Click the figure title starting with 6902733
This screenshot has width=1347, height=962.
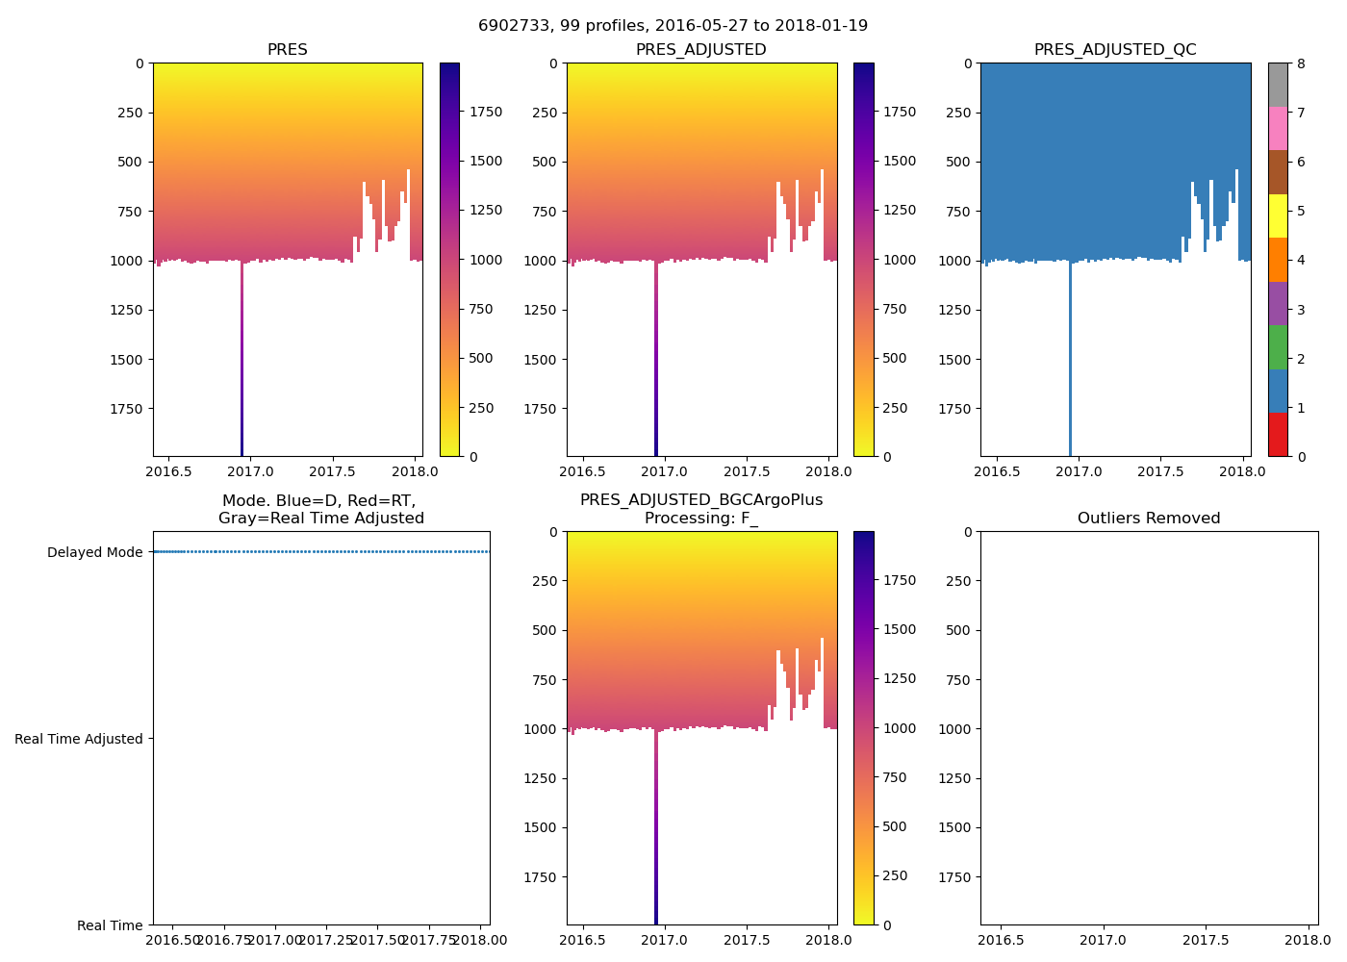coord(673,26)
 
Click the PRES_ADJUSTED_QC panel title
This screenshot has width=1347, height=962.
coord(1115,50)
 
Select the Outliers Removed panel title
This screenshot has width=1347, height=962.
coord(1149,519)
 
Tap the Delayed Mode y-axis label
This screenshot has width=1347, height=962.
coord(94,552)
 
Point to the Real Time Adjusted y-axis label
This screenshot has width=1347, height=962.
coord(79,739)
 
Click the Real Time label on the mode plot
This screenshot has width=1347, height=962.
coord(110,925)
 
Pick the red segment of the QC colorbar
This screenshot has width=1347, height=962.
coord(1278,435)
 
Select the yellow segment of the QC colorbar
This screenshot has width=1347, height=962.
coord(1278,216)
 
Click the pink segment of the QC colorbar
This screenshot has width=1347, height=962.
coord(1278,129)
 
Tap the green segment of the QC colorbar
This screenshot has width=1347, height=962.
coord(1278,347)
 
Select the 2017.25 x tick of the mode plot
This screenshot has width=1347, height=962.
coord(327,940)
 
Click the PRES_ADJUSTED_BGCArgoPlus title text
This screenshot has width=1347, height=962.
coord(701,500)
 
